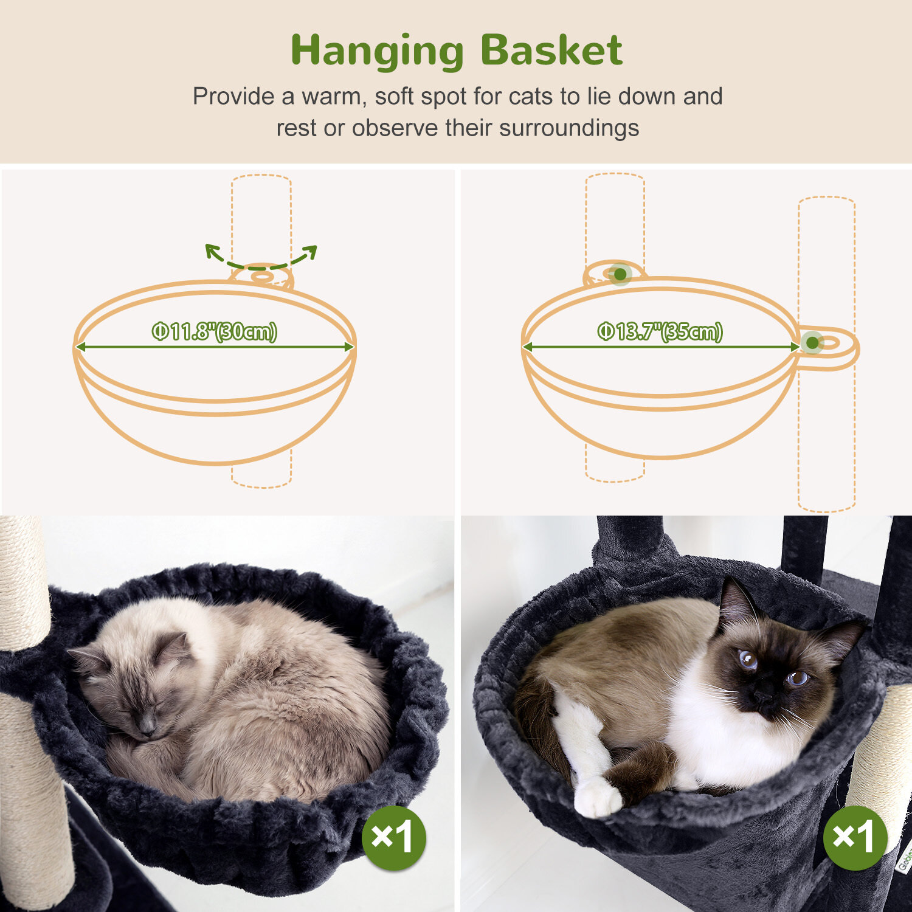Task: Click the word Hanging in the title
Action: (x=377, y=52)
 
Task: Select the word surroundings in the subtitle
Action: (x=569, y=128)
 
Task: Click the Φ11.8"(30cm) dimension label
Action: (x=215, y=331)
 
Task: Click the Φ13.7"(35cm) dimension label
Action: (x=660, y=331)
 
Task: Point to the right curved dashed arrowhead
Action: (x=310, y=252)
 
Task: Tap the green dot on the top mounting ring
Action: (x=620, y=275)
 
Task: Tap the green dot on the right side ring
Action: (x=812, y=344)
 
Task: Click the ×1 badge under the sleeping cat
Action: (x=394, y=838)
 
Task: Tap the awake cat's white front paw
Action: (x=599, y=796)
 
